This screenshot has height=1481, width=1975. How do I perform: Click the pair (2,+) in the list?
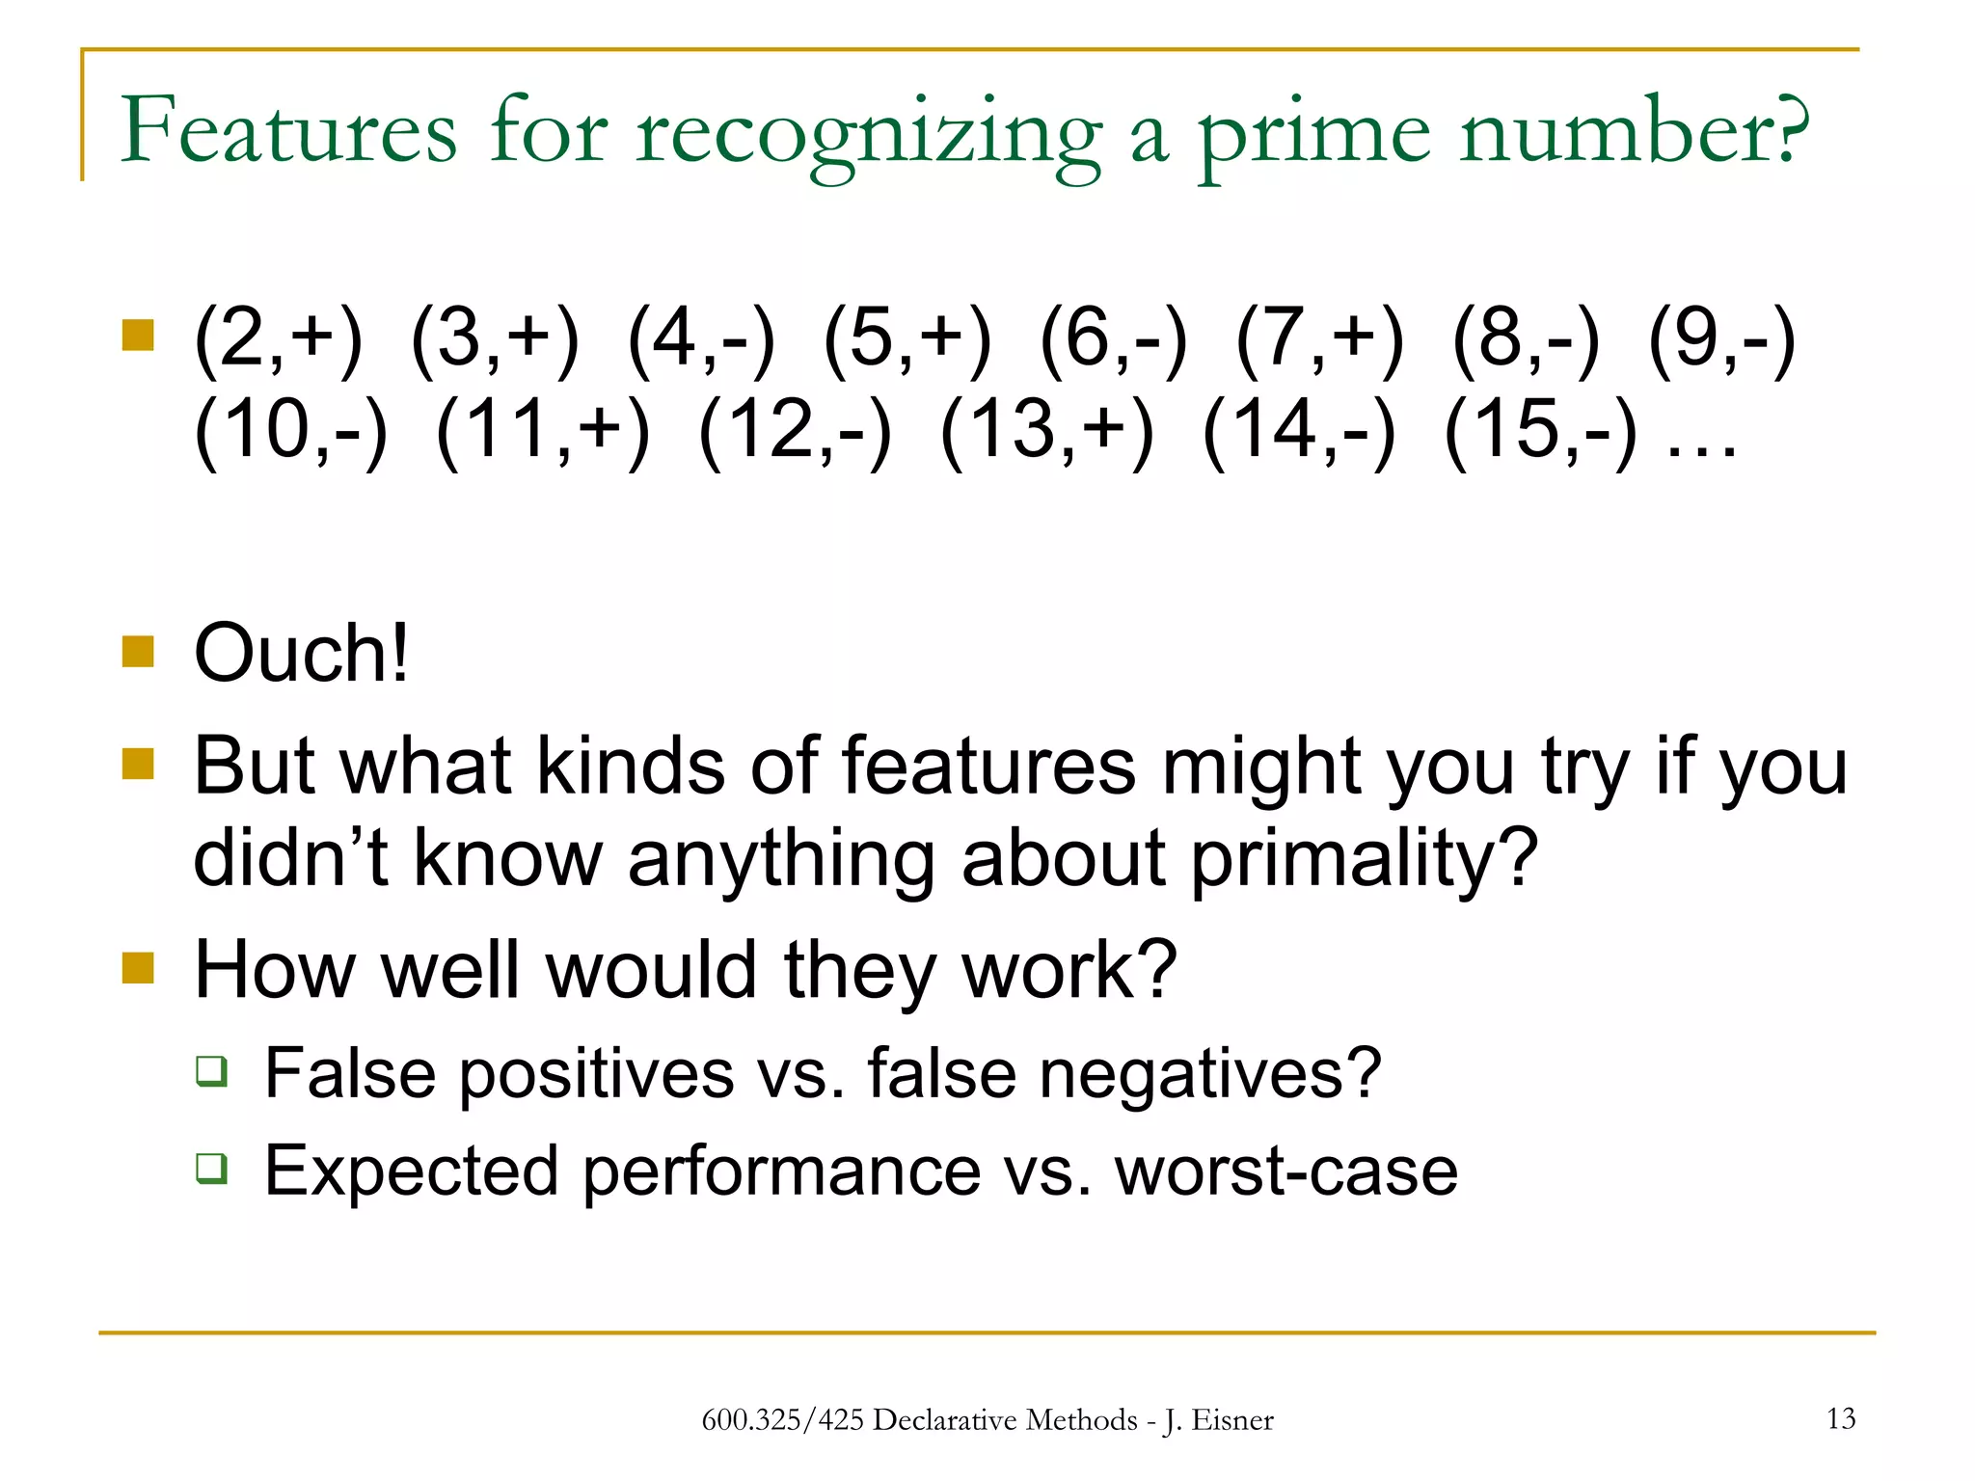(x=278, y=338)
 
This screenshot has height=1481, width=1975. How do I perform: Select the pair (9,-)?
(x=1721, y=338)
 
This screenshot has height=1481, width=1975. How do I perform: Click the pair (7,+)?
(x=1319, y=338)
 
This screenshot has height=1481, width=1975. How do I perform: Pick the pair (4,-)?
(x=700, y=338)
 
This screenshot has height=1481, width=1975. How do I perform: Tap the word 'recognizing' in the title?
(x=868, y=132)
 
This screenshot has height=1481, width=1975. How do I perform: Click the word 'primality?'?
(x=1364, y=857)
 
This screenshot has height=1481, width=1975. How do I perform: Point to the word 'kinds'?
(x=630, y=766)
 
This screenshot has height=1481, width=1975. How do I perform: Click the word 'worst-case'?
(x=1286, y=1171)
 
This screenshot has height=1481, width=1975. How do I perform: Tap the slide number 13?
(x=1841, y=1418)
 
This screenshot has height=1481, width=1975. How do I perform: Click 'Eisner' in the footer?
(x=1232, y=1420)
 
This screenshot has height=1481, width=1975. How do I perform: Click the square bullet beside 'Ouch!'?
(x=139, y=651)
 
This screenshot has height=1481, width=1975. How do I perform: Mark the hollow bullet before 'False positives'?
(x=212, y=1071)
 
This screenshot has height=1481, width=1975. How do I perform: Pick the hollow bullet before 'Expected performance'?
(x=212, y=1168)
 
